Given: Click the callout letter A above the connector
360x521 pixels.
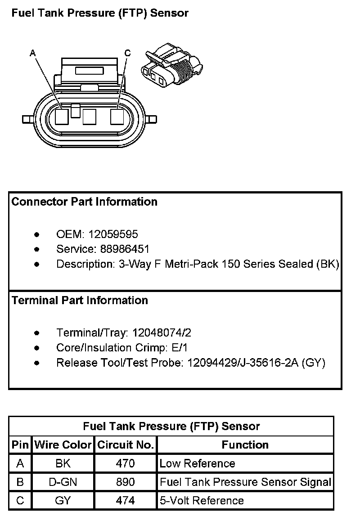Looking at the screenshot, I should pyautogui.click(x=32, y=53).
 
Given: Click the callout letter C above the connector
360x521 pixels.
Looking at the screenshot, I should pyautogui.click(x=127, y=53).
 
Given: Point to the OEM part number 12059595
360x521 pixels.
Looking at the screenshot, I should pyautogui.click(x=113, y=234).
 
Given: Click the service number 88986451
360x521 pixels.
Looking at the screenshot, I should pyautogui.click(x=119, y=249).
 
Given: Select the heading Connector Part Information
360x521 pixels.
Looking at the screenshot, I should pyautogui.click(x=85, y=202).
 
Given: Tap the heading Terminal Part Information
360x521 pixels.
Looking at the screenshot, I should pyautogui.click(x=80, y=300).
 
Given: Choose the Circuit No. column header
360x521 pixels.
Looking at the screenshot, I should pyautogui.click(x=126, y=445).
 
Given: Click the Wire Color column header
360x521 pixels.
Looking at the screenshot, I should pyautogui.click(x=63, y=445).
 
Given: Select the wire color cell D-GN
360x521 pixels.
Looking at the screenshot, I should pyautogui.click(x=63, y=482).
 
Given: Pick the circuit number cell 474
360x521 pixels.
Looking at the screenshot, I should pyautogui.click(x=126, y=501).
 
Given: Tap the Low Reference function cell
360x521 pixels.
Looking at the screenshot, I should pyautogui.click(x=197, y=463).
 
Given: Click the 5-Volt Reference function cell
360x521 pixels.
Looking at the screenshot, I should pyautogui.click(x=202, y=501).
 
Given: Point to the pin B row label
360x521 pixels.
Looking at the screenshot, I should pyautogui.click(x=20, y=482).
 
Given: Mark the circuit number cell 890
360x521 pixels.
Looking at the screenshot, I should pyautogui.click(x=126, y=482).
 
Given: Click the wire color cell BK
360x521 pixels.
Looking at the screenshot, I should pyautogui.click(x=63, y=463).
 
